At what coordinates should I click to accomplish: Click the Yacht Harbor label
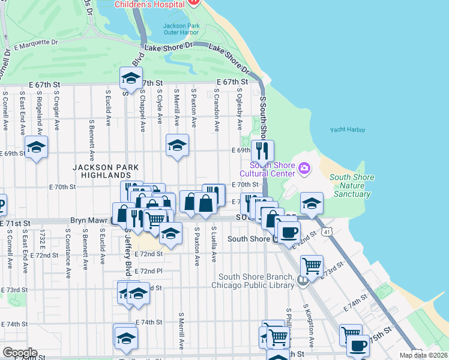pos(348,130)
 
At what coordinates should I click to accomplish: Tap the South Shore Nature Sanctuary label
pos(352,186)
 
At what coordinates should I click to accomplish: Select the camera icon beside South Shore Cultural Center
pos(304,167)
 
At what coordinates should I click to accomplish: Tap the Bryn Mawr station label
pos(90,221)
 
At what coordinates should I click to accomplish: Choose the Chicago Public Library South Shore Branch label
pos(255,281)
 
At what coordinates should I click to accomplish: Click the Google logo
pos(20,352)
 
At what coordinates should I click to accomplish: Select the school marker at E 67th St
pos(130,78)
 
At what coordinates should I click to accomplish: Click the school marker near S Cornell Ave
pos(36,146)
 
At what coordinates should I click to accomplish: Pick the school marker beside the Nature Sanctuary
pos(312,203)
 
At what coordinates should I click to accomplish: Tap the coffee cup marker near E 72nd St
pos(289,232)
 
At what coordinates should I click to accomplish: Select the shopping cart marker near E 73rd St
pos(312,266)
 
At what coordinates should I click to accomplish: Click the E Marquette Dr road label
pos(36,43)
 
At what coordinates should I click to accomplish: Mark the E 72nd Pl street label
pos(148,271)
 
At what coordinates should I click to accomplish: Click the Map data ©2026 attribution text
pos(424,355)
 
